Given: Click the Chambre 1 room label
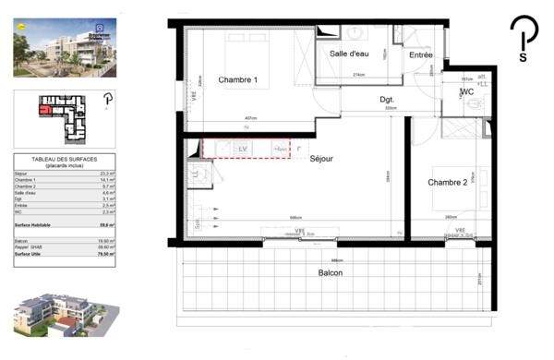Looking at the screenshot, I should click(237, 80).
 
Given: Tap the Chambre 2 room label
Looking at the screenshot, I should click(447, 183).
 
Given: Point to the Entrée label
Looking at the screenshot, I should click(421, 55).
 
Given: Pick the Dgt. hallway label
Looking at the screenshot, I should click(388, 99).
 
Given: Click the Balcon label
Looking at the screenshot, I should click(331, 273).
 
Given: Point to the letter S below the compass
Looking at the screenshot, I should click(524, 56).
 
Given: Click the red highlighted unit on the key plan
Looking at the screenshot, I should click(44, 108).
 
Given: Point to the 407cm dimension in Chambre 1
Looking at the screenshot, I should click(250, 118).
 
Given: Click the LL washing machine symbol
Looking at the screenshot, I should click(195, 174).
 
